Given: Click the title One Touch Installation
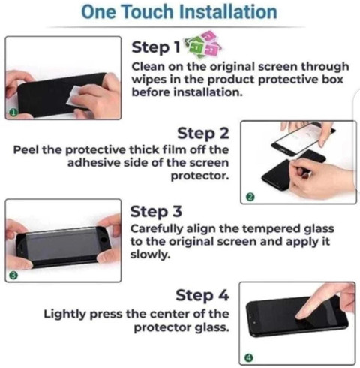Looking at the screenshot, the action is (179, 12).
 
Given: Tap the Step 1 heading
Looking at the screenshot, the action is (156, 47).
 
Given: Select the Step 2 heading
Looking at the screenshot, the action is (203, 133).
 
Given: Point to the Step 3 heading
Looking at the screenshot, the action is (156, 212).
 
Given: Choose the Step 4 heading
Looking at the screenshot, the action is (202, 295).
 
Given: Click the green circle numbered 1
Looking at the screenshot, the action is (13, 113).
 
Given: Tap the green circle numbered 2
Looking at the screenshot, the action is (250, 198).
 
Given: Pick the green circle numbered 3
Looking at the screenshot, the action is (14, 276).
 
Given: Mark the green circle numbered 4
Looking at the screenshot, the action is (249, 358).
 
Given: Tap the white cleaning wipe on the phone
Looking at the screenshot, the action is (73, 95).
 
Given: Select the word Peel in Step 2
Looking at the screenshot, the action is (26, 150).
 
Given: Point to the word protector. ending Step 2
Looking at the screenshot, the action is (199, 176).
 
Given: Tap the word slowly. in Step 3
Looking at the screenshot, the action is (150, 255).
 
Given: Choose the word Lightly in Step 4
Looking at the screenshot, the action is (64, 315).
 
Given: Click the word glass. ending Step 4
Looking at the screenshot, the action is (212, 327).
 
